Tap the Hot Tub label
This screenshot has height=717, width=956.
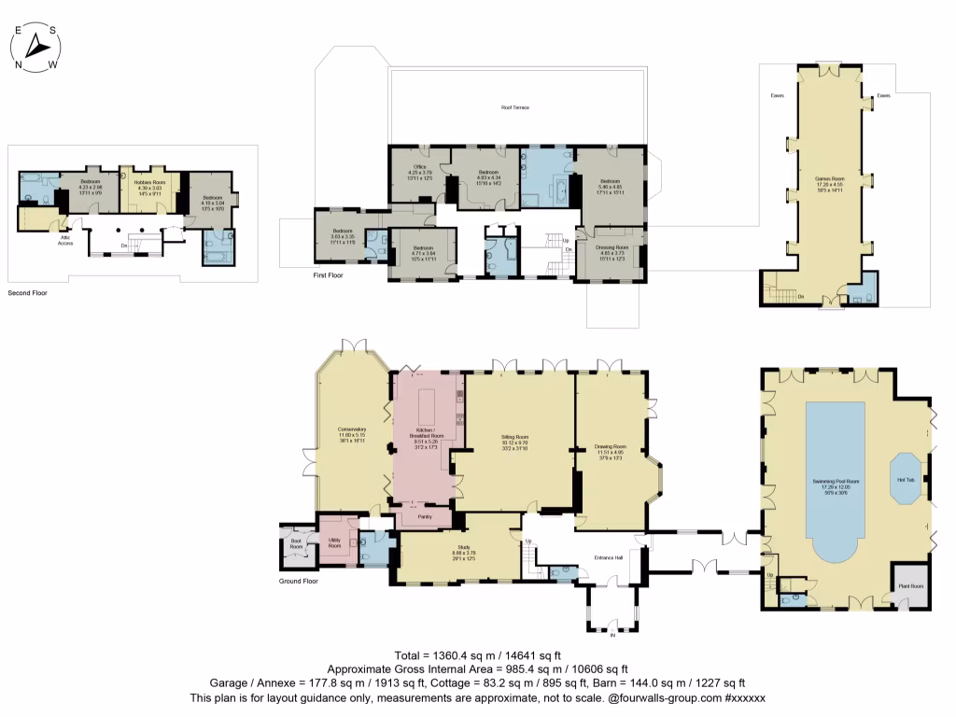click(905, 480)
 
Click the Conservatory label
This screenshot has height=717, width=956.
click(351, 430)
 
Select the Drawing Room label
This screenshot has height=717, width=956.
click(610, 446)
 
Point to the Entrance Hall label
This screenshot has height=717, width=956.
click(609, 558)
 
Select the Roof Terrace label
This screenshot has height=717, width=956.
click(514, 108)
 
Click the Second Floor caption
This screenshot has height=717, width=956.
click(27, 293)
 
